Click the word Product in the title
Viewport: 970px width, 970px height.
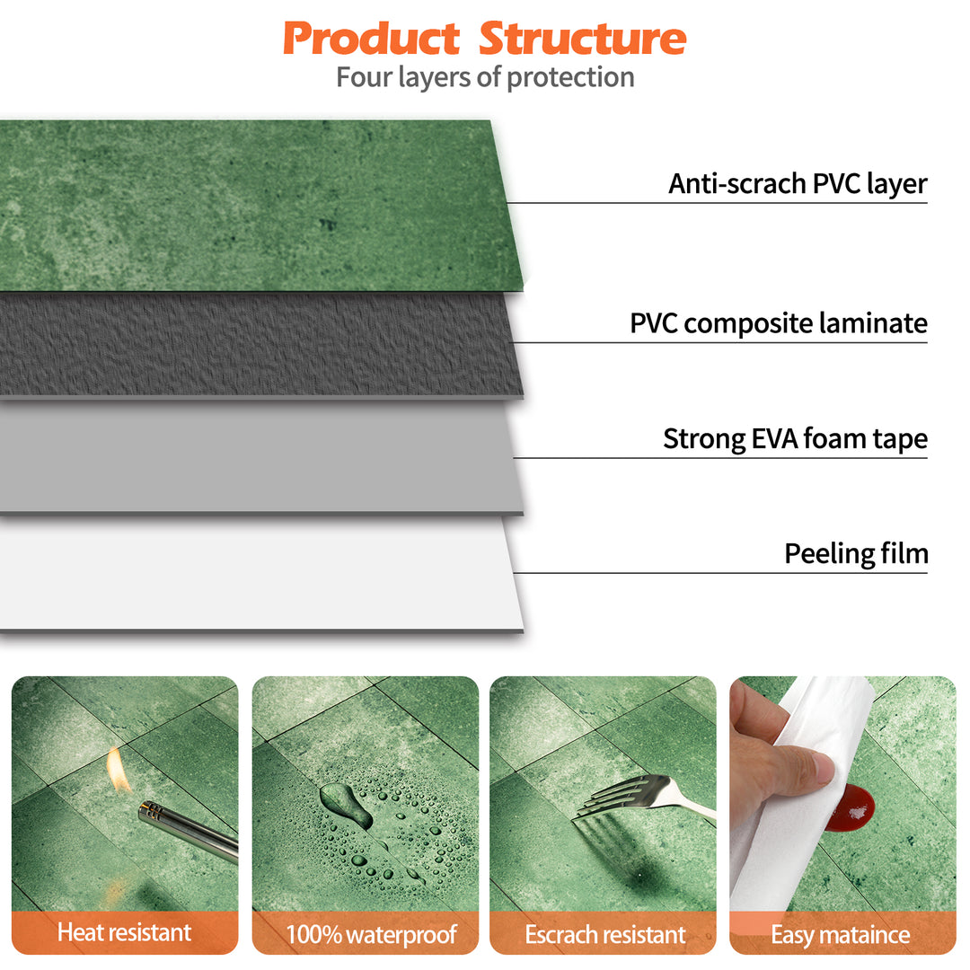tap(371, 39)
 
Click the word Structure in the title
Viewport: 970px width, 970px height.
tap(582, 39)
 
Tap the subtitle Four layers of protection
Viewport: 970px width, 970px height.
tap(485, 77)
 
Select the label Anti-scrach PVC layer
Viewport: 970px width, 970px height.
tap(797, 184)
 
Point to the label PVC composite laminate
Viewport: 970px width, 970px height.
tap(778, 323)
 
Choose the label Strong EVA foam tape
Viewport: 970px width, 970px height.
tap(795, 439)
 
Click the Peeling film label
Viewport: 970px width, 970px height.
tap(855, 553)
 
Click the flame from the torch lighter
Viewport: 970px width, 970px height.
tap(119, 770)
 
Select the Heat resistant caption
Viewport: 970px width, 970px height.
tap(124, 932)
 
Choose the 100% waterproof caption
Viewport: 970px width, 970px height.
tap(371, 934)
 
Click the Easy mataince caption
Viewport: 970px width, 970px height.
tap(841, 934)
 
